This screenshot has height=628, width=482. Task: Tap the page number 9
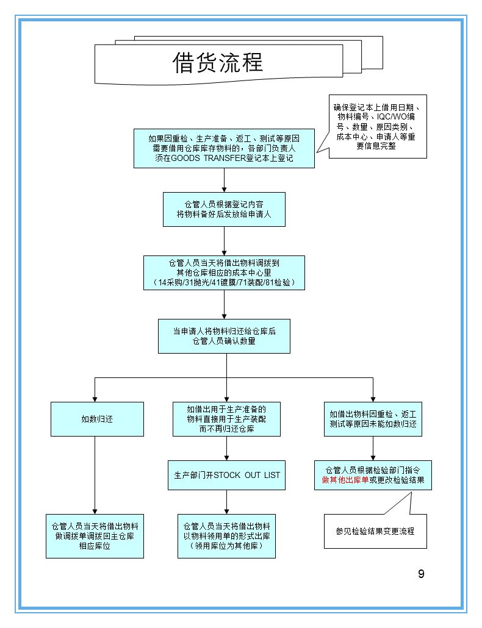[421, 574]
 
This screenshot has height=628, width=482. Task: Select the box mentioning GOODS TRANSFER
[224, 148]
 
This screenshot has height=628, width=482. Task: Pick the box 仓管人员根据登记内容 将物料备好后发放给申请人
[224, 209]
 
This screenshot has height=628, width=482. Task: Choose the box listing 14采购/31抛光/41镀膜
[224, 273]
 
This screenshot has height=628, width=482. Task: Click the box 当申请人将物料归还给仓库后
[224, 336]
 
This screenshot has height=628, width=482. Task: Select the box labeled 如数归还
[97, 419]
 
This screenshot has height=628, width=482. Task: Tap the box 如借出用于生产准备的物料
[226, 419]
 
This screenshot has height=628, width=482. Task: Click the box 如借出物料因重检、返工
[372, 419]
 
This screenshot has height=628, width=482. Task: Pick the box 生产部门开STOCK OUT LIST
[226, 475]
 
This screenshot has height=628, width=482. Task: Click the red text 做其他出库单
[345, 480]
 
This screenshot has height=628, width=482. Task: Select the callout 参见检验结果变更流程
[375, 531]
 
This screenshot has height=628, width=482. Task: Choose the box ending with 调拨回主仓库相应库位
[95, 536]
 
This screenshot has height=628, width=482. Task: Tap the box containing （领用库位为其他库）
[226, 536]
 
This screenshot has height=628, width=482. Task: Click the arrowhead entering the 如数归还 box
[95, 398]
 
